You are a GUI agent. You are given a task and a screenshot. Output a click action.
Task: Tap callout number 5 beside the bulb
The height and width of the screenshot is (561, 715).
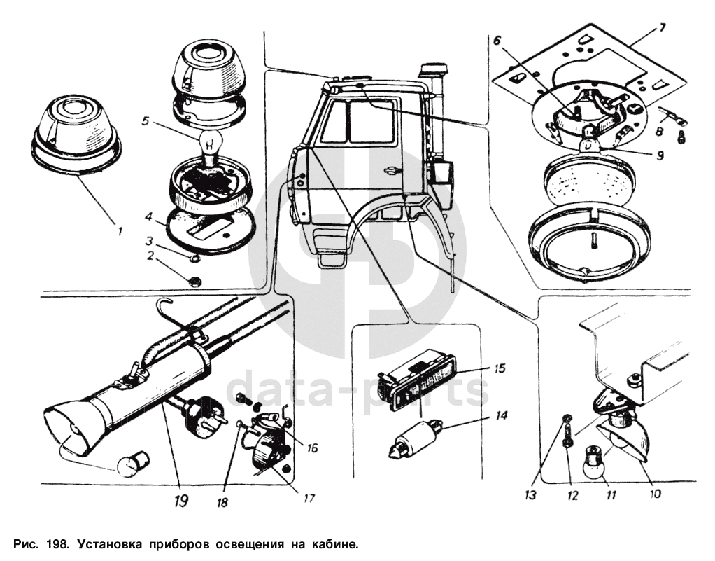pos(144,120)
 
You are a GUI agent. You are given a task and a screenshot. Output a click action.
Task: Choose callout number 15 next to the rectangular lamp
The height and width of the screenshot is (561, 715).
pos(499,367)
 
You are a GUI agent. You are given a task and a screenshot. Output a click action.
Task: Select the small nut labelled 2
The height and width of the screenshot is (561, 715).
pos(196,282)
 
